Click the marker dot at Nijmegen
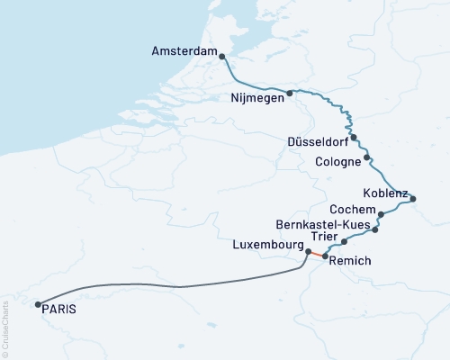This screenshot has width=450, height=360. coord(290,93)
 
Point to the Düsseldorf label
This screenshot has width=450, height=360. coord(316,142)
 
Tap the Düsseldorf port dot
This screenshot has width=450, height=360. coord(354,138)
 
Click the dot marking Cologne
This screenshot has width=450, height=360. coord(368,161)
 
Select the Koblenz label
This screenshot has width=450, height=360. coord(385,193)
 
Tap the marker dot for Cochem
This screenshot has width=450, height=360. coord(382,214)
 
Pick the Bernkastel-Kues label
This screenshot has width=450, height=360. coord(321,222)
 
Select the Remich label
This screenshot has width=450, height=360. coord(349,261)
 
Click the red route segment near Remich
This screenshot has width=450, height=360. coord(316,255)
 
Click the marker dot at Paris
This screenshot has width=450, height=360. coord(38,305)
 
